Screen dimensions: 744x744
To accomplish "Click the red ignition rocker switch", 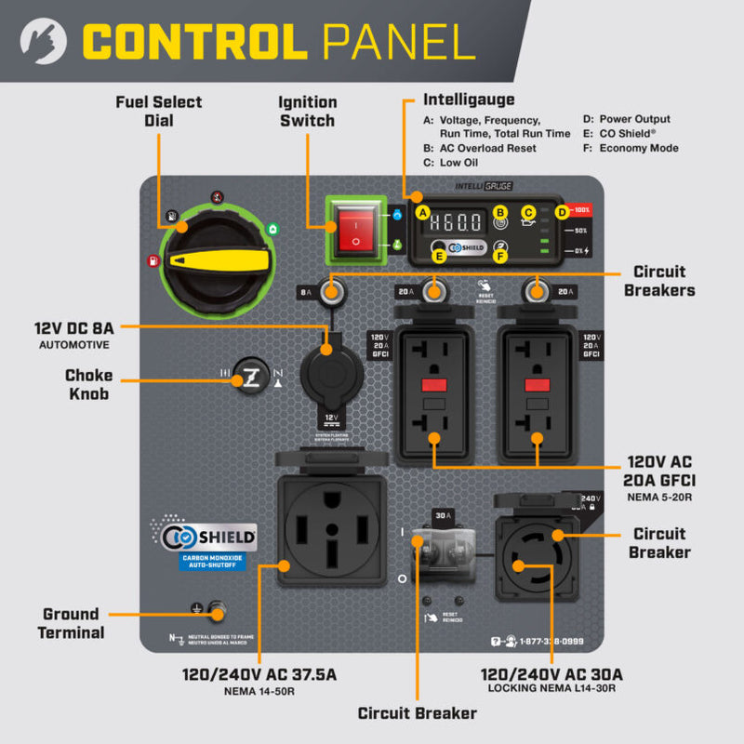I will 354,228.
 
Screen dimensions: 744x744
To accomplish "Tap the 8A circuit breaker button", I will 329,292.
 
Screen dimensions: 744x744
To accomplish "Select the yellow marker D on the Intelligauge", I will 562,213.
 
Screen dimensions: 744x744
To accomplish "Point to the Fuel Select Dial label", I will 159,111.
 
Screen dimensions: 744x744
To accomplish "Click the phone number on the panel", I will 552,641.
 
